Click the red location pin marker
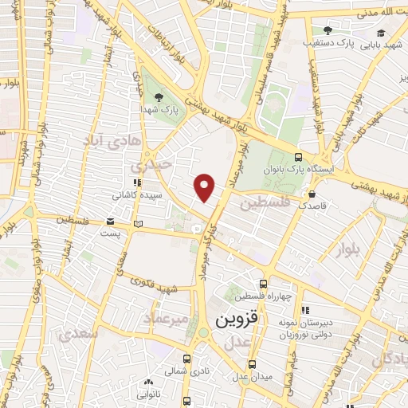(206, 186)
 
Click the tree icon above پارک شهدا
(159, 96)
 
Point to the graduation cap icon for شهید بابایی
(381, 33)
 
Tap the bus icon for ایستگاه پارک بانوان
(298, 157)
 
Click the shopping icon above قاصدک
(312, 193)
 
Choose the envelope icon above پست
(110, 222)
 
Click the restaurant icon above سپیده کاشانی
(137, 182)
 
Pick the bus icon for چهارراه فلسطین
(263, 283)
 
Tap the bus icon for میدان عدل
(252, 364)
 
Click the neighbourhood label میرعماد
(166, 319)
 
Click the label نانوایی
(148, 394)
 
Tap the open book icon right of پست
(139, 223)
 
